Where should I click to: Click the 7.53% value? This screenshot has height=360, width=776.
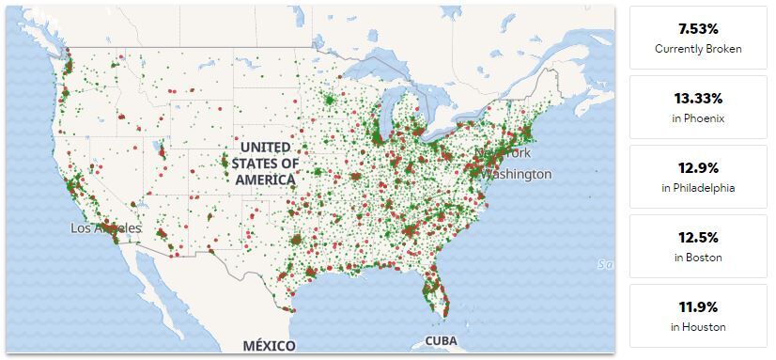(x=698, y=28)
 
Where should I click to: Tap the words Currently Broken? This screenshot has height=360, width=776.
(x=698, y=48)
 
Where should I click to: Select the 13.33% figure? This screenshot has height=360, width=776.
(x=698, y=98)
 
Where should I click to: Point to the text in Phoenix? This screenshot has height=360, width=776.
(x=698, y=118)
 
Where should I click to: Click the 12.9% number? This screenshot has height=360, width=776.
(x=698, y=167)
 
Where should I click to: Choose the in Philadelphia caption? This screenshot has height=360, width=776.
(x=698, y=188)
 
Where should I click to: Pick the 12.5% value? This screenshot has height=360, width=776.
(x=698, y=237)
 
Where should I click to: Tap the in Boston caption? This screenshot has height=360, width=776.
(x=698, y=258)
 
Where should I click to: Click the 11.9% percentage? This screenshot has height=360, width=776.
(x=698, y=306)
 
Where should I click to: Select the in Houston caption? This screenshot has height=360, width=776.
(x=698, y=327)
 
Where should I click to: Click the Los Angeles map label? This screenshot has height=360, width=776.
(x=105, y=228)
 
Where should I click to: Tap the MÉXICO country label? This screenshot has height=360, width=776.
(x=269, y=345)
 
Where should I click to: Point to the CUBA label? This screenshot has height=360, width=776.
(x=442, y=340)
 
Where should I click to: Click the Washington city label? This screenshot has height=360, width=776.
(x=518, y=174)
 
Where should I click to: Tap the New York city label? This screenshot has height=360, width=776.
(x=504, y=152)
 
